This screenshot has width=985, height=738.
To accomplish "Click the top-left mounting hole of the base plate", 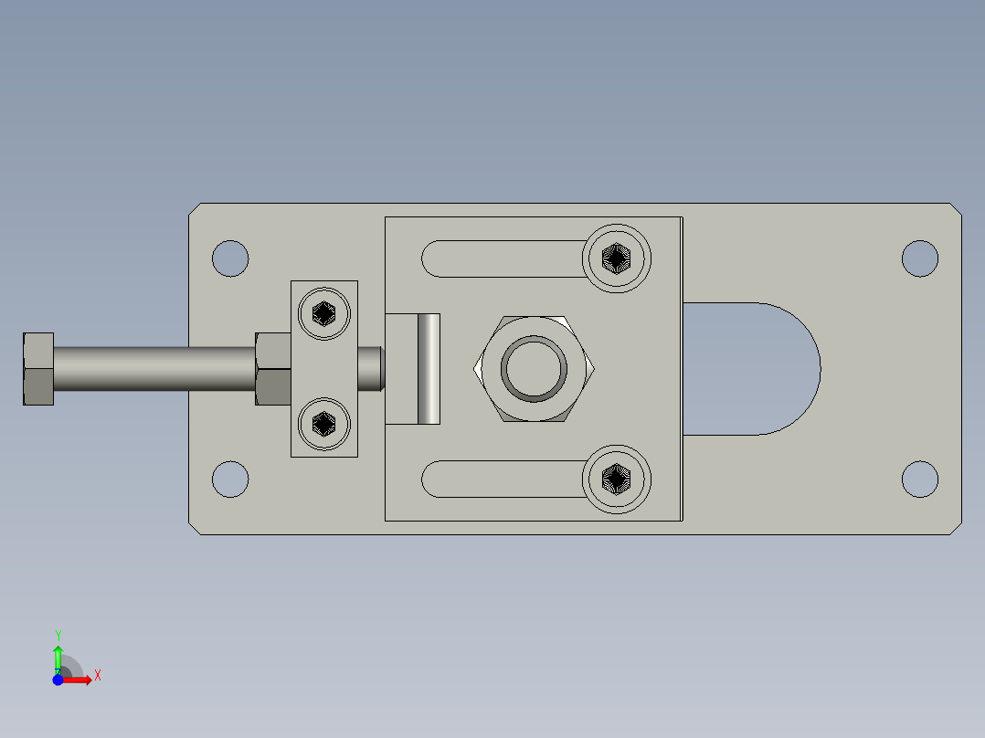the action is [230, 258].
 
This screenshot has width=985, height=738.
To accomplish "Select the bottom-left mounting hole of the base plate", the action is [230, 480].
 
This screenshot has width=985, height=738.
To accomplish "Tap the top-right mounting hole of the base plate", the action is [919, 258].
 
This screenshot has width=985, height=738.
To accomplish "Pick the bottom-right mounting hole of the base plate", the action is [919, 480].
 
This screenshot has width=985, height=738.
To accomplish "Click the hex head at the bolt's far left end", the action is [38, 369].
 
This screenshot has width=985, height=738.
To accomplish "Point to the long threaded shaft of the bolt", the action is [154, 369].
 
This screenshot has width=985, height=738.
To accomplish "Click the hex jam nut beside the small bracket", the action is [273, 369].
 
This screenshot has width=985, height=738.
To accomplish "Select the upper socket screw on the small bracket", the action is [324, 313].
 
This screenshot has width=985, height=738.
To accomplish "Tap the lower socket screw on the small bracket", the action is [324, 424].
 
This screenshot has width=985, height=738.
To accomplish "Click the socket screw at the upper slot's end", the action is [616, 258].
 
